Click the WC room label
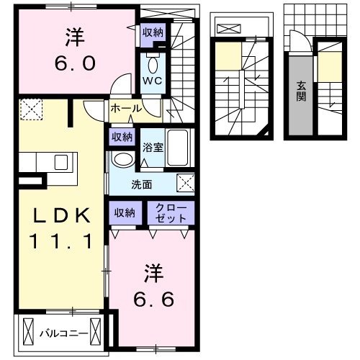(x=153, y=81)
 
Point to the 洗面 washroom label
(x=141, y=184)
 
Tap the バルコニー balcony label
(x=63, y=333)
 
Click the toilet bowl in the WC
(x=153, y=61)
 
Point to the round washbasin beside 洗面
(x=124, y=159)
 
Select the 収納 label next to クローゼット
(x=123, y=212)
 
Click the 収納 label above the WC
(x=153, y=32)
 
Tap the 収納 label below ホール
(x=122, y=137)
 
